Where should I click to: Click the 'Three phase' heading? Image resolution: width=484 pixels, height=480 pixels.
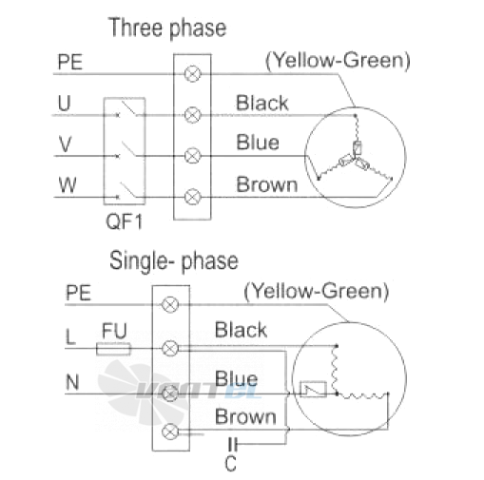click(167, 29)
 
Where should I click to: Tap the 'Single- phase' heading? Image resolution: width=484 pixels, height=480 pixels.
click(174, 261)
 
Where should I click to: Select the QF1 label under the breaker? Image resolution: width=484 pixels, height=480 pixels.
click(124, 221)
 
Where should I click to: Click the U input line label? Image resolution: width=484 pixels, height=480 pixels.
click(64, 103)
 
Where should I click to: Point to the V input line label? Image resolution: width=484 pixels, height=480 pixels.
click(65, 144)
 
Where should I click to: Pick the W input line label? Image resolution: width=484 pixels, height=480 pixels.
click(68, 185)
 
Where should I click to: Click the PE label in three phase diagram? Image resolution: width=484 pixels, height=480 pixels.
click(70, 62)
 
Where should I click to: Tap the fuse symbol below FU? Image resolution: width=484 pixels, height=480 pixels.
click(113, 349)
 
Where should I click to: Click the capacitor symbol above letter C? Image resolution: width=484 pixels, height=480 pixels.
click(233, 444)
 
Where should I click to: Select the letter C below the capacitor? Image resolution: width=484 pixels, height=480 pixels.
click(231, 464)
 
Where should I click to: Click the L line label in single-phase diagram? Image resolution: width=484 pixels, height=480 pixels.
click(70, 336)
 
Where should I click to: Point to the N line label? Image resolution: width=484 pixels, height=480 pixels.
click(72, 382)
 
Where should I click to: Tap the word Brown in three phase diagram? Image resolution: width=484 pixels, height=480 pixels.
click(267, 184)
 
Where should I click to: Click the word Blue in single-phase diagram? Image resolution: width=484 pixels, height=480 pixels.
click(236, 379)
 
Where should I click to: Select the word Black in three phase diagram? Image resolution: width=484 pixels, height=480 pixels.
click(262, 103)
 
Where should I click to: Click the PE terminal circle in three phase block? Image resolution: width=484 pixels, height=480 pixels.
click(193, 74)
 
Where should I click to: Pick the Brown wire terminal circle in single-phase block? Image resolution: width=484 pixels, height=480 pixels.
click(170, 432)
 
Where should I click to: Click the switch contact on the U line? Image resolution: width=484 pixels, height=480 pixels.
click(128, 109)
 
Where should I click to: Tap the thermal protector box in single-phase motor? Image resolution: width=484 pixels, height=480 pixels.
click(313, 389)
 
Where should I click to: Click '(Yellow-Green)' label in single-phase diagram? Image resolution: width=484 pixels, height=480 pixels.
click(317, 292)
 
